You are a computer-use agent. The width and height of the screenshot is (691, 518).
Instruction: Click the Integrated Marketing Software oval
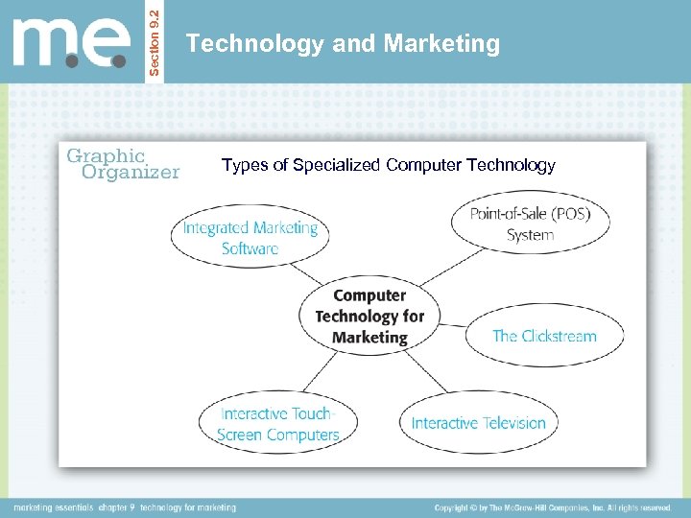tap(250, 238)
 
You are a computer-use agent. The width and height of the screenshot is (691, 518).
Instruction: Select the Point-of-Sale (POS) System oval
tap(530, 224)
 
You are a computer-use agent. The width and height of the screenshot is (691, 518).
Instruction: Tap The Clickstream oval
tap(544, 336)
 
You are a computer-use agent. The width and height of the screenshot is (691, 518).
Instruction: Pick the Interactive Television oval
tap(478, 423)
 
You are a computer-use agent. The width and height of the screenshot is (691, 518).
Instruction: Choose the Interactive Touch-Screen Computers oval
tap(278, 424)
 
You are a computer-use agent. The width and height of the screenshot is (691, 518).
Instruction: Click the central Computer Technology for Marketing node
tap(369, 317)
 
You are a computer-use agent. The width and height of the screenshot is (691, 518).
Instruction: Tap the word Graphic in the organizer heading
tap(106, 155)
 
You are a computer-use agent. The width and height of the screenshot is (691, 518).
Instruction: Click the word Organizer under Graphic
tap(131, 173)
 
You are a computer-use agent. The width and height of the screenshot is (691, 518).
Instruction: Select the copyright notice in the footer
tap(553, 506)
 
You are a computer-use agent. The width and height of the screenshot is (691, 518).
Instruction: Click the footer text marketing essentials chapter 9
tap(125, 506)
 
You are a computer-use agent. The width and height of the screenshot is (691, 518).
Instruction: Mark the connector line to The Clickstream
tap(454, 322)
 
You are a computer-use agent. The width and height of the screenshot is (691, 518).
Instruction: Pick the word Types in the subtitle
tap(245, 165)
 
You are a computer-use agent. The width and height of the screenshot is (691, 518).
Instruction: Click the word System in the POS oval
tap(530, 234)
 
